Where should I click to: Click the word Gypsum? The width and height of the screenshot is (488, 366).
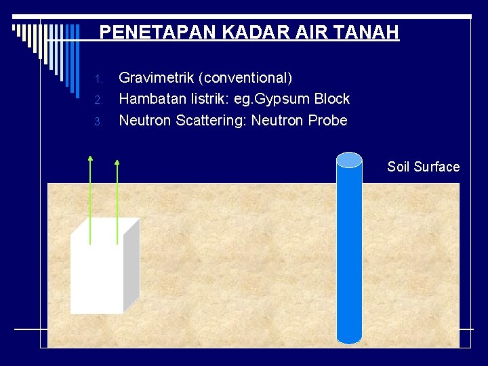287,99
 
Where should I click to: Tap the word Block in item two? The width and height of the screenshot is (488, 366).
332,99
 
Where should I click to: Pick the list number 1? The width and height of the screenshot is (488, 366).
98,79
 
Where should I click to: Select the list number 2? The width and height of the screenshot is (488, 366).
98,100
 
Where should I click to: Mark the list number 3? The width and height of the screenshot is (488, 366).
98,122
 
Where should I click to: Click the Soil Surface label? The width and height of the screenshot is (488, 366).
423,167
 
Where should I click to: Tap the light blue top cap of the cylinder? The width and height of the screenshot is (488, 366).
350,159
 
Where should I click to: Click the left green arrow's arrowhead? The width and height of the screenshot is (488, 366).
90,159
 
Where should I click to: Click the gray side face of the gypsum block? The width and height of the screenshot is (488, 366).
131,264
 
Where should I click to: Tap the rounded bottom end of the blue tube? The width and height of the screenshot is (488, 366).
350,340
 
